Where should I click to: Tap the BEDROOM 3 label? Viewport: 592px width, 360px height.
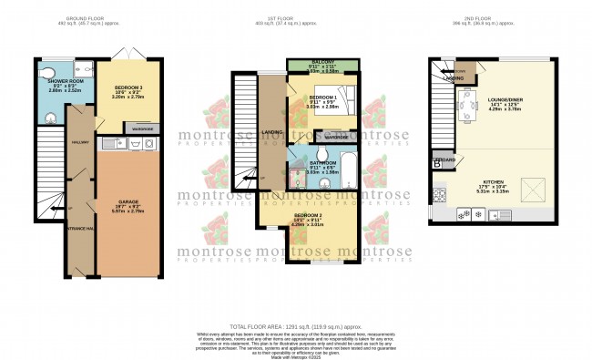click(125, 87)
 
